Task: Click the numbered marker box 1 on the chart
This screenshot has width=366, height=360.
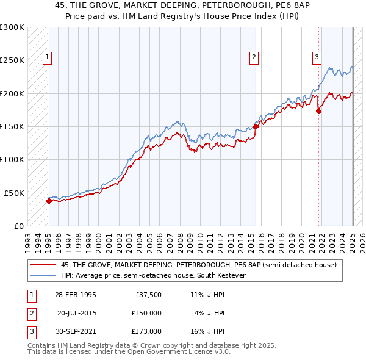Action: coord(47,58)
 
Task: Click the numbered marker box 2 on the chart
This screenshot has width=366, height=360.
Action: coord(254,58)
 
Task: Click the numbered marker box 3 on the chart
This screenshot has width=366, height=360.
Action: coord(317,58)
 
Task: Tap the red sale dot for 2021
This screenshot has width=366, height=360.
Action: coord(318,112)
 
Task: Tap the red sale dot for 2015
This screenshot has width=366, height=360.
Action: coord(256,127)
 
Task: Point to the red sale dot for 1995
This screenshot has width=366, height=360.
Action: coord(48,201)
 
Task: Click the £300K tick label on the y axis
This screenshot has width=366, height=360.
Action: coord(12,27)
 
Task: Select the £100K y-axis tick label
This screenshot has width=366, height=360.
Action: coord(12,159)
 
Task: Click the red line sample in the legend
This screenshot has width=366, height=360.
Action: coord(43,265)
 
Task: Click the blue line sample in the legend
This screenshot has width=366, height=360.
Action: coord(43,276)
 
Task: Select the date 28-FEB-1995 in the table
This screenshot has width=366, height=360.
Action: coord(75,295)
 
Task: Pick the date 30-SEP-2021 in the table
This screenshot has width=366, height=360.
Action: coord(75,331)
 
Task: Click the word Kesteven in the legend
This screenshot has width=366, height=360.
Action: coord(230,276)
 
